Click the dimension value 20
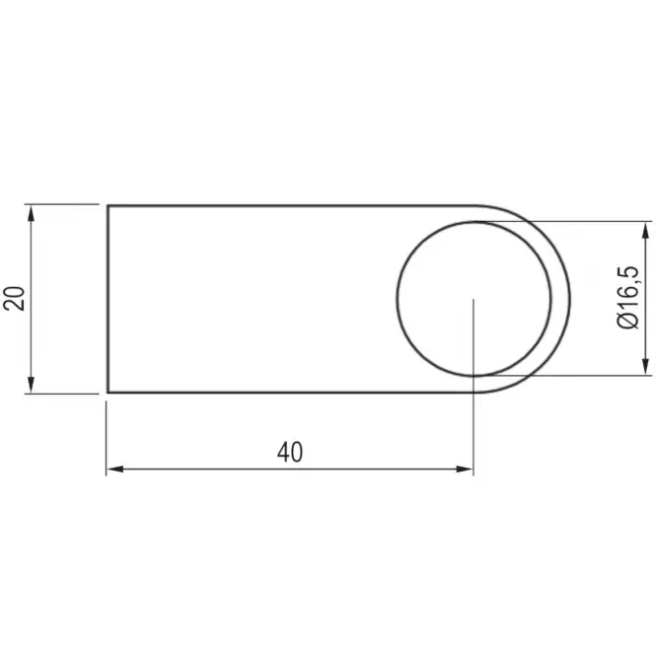tap(14, 298)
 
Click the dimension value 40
tap(289, 452)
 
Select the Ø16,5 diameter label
tap(628, 297)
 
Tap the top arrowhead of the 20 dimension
tap(31, 212)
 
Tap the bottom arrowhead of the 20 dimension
tap(31, 385)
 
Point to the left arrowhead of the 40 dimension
tap(114, 469)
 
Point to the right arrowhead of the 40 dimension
tap(465, 469)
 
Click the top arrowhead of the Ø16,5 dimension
tap(646, 230)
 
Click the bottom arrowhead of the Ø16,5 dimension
tap(646, 367)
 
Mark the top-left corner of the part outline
tap(108, 206)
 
